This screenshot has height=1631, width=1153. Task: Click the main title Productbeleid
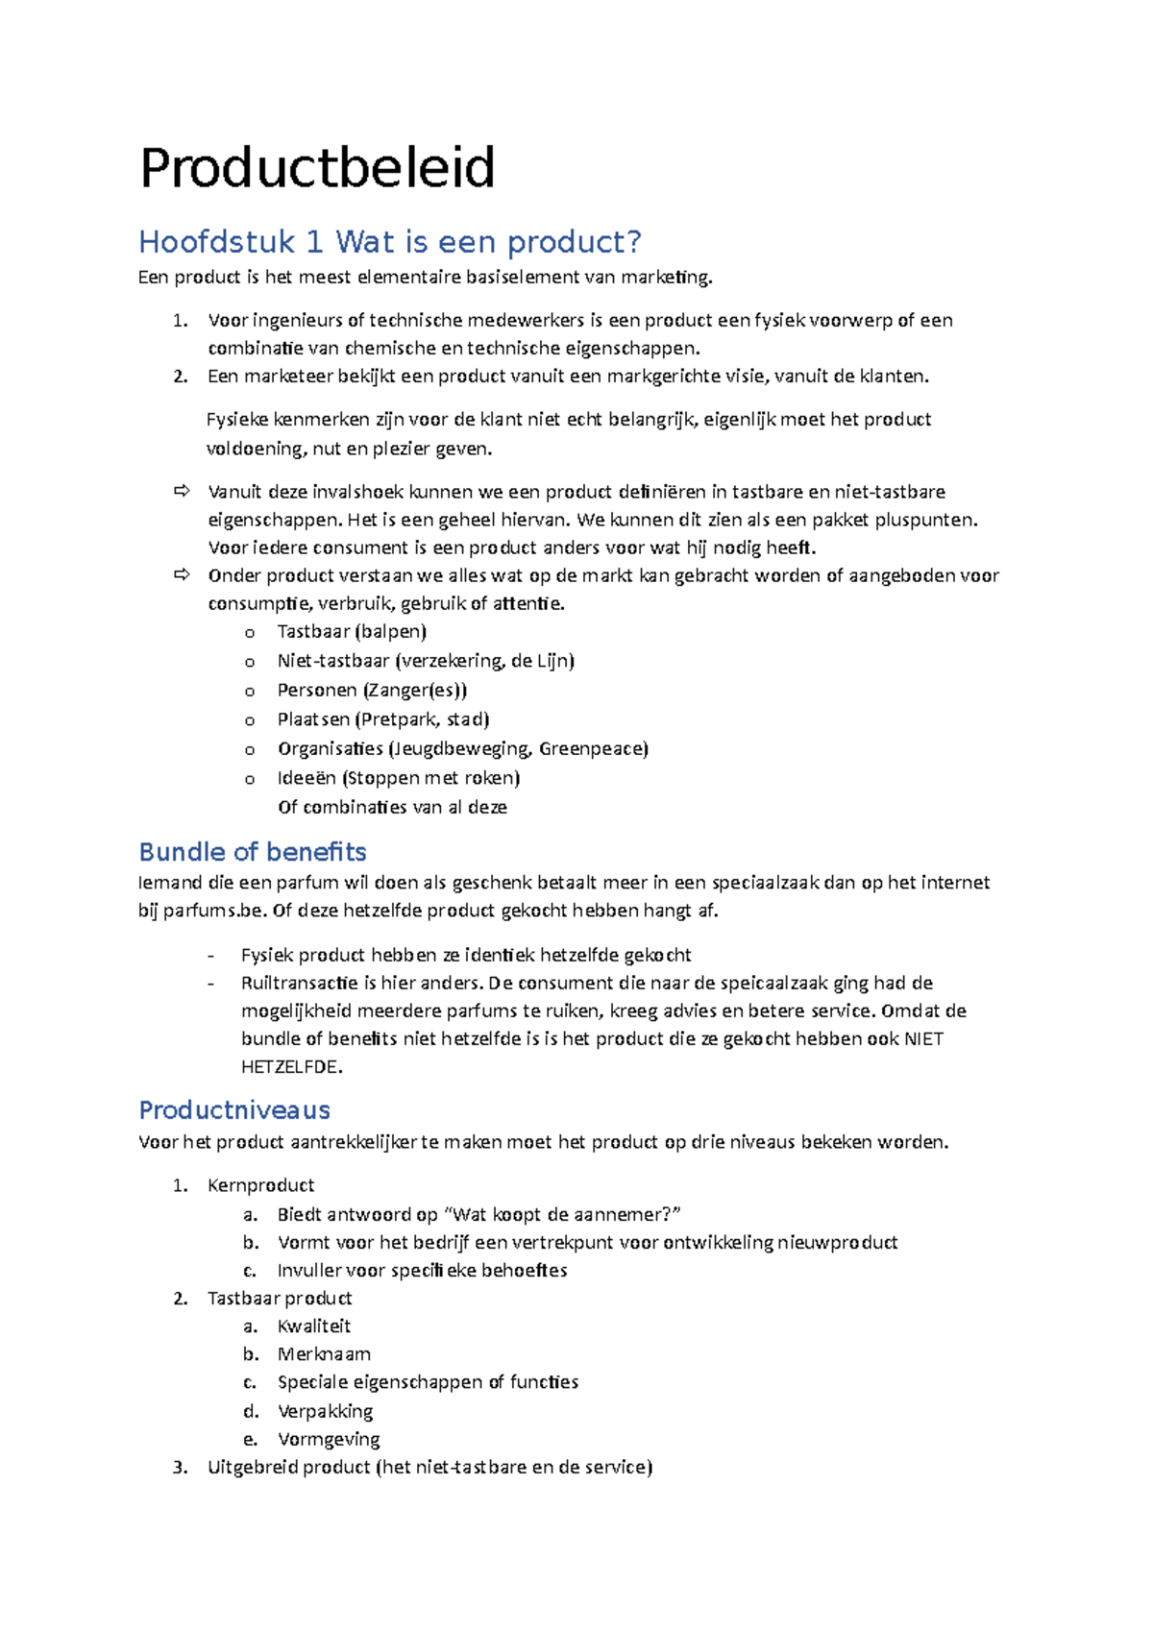tap(317, 168)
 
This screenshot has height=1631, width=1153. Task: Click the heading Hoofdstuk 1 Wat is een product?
tap(389, 242)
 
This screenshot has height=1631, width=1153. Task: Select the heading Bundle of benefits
tap(253, 852)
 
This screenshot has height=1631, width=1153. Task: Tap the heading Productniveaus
tap(234, 1110)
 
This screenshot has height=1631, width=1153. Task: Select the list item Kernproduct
tap(260, 1186)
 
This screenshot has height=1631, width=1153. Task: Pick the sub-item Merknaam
tap(324, 1354)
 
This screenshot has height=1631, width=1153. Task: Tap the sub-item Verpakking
tap(325, 1411)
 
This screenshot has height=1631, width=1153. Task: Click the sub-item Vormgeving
tap(329, 1440)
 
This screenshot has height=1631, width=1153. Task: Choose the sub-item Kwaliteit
tap(314, 1327)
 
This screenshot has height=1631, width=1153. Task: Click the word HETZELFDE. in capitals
tap(291, 1067)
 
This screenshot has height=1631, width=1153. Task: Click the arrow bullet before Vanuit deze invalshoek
tap(182, 492)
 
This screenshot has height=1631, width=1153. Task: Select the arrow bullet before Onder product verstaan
tap(182, 575)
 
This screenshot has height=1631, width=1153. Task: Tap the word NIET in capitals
tap(923, 1039)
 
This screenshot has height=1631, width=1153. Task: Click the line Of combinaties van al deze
tap(392, 808)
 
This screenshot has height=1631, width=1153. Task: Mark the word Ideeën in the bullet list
tap(307, 778)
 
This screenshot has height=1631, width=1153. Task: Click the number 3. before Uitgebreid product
tap(180, 1468)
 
